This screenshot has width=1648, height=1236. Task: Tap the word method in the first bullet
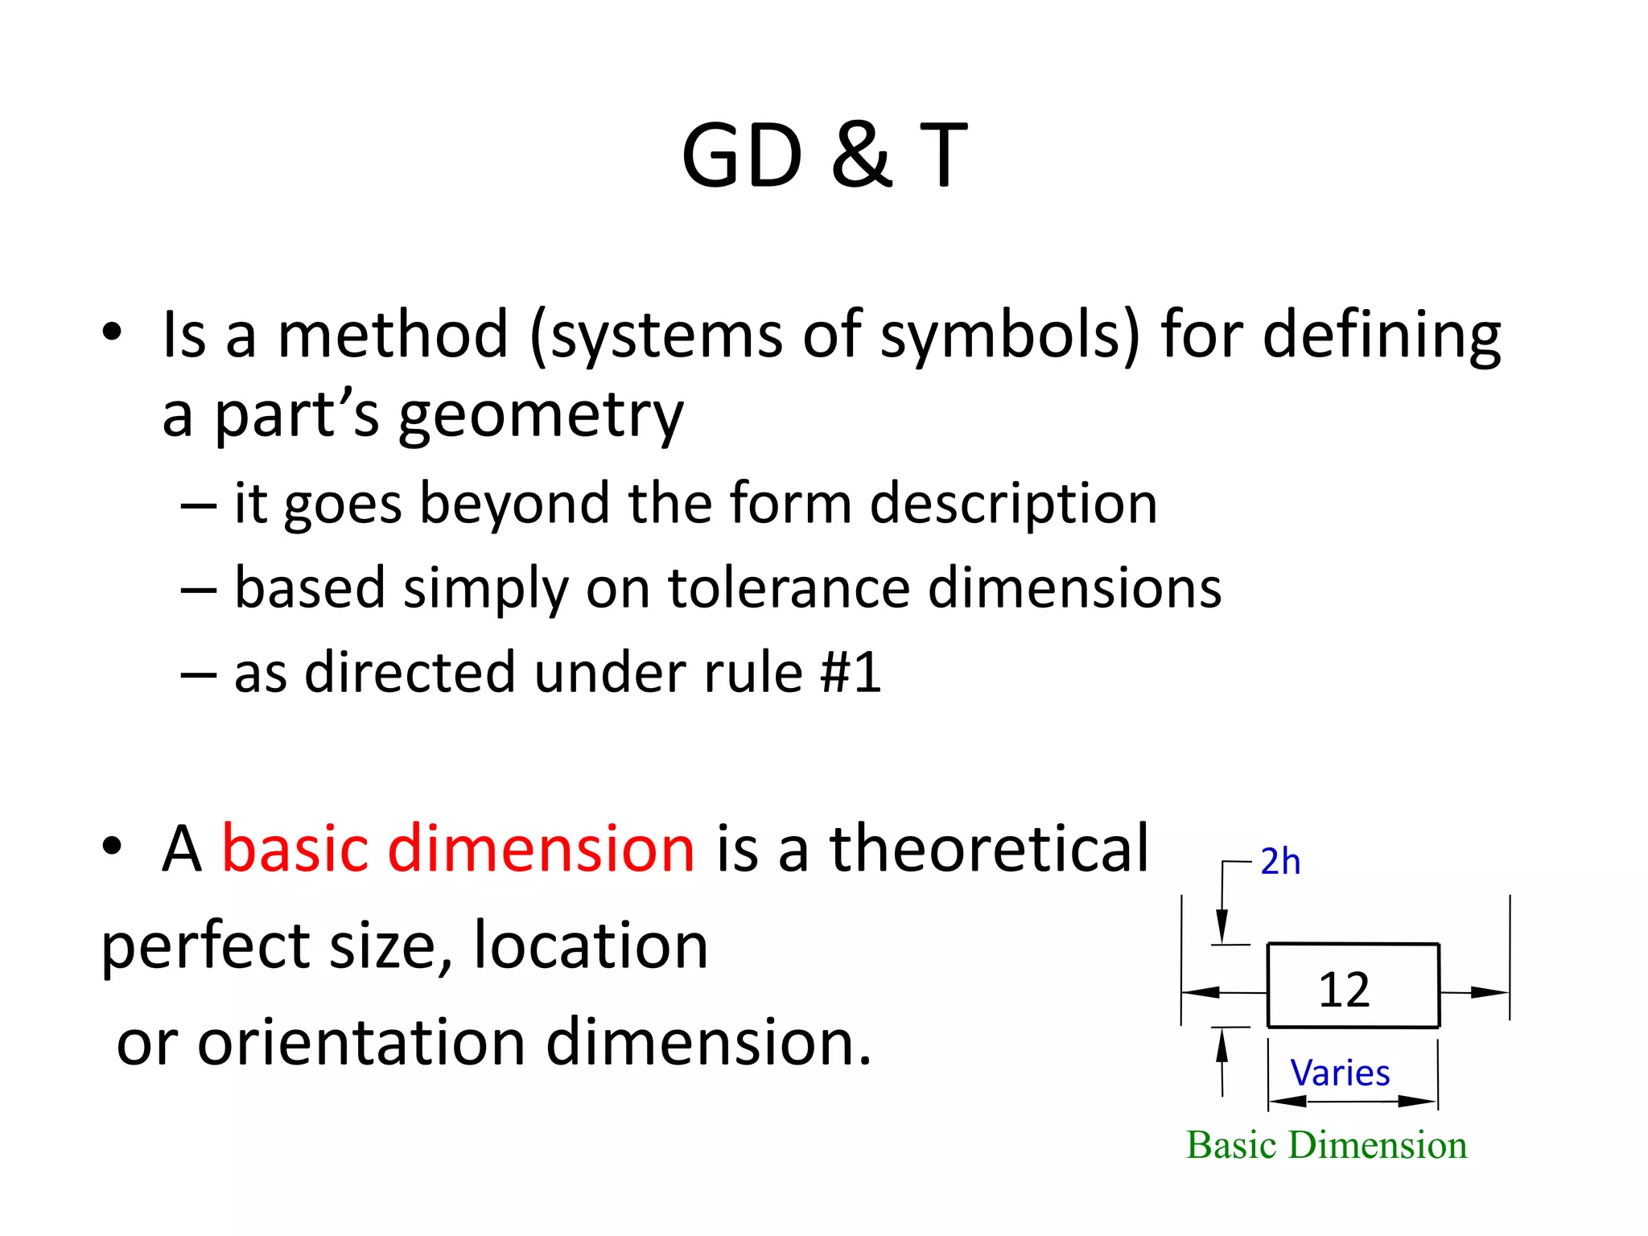393,335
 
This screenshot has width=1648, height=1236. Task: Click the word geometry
541,418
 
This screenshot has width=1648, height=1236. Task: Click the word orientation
362,1043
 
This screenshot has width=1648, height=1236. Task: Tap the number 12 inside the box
1344,990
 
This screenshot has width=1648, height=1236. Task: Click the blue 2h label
1279,862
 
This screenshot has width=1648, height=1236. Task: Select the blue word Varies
1340,1073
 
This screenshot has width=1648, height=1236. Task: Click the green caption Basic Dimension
1326,1145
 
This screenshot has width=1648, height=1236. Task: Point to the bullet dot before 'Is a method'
112,332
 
